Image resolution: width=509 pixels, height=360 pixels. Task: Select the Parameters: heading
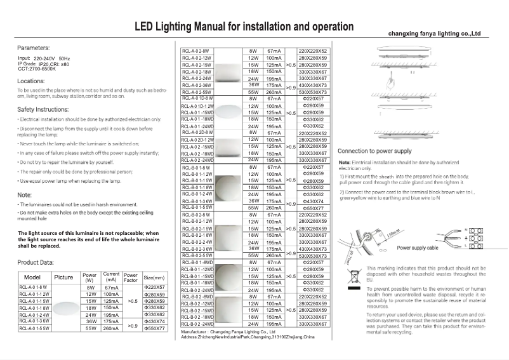point(34,48)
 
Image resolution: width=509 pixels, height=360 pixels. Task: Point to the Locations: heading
point(31,81)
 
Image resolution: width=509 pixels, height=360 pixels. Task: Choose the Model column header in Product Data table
point(32,277)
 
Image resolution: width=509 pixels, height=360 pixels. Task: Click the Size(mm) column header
point(155,277)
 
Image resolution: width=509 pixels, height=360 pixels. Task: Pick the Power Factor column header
point(130,277)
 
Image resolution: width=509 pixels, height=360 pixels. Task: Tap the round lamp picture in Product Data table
point(63,308)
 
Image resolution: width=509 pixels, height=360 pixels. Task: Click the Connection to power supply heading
point(374,152)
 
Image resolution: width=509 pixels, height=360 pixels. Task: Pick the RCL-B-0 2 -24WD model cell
point(199,324)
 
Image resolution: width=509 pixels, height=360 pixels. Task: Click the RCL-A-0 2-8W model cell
point(196,50)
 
